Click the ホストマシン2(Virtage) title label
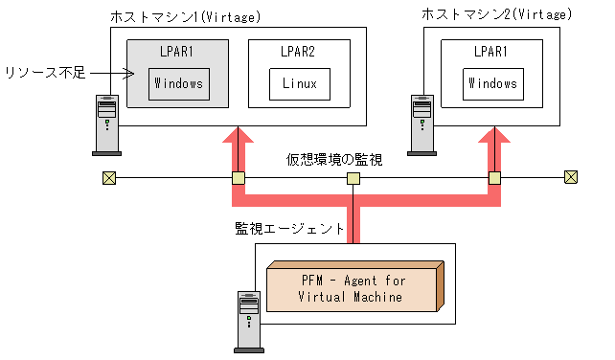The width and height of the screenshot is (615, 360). [x=497, y=14]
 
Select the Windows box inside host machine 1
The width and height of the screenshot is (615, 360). [x=178, y=83]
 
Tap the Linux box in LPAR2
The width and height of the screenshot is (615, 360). [x=300, y=83]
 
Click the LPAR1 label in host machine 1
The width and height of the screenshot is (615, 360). [x=178, y=51]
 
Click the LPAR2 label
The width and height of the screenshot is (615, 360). [x=299, y=51]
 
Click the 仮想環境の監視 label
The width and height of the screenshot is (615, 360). [x=334, y=160]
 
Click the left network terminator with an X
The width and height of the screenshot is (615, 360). [x=109, y=178]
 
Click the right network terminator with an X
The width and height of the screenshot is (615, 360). [x=571, y=177]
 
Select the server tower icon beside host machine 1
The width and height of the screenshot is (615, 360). [x=106, y=124]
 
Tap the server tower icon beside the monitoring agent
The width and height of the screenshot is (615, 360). [x=247, y=320]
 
